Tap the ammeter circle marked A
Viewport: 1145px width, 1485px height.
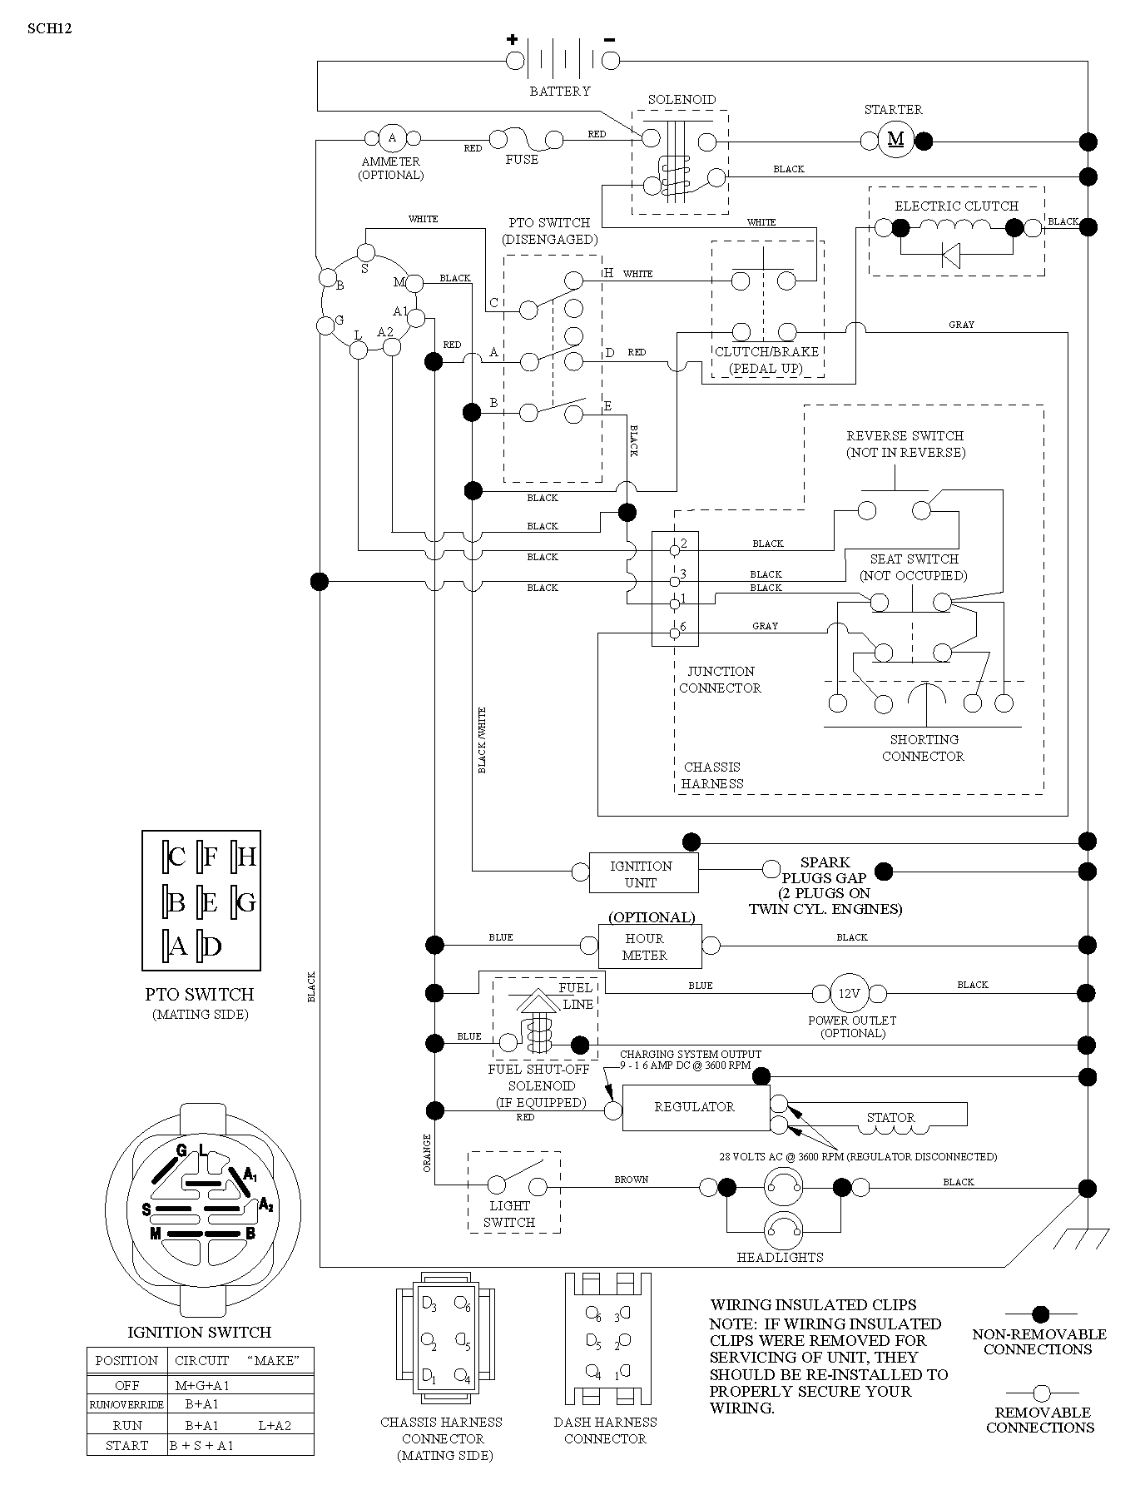click(x=393, y=138)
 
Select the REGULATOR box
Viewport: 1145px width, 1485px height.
click(x=696, y=1107)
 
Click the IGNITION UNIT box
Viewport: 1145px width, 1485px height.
click(x=643, y=873)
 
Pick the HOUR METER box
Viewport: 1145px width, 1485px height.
click(x=650, y=946)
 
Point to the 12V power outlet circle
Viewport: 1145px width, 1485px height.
click(x=848, y=993)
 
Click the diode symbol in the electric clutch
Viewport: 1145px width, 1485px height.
click(x=951, y=255)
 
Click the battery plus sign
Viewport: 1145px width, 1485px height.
click(x=513, y=38)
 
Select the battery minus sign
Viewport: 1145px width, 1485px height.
click(x=610, y=39)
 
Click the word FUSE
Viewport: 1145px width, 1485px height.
click(x=522, y=160)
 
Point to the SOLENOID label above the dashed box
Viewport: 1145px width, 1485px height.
click(x=682, y=100)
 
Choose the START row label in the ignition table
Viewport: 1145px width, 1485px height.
click(x=126, y=1446)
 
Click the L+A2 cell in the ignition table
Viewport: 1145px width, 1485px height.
click(x=275, y=1425)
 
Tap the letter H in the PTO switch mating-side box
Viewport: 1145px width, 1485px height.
click(x=247, y=857)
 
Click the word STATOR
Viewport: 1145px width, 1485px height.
click(x=890, y=1117)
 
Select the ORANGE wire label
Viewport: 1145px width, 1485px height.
click(x=428, y=1154)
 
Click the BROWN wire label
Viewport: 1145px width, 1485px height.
click(x=632, y=1180)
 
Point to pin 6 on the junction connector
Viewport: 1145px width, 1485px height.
click(x=675, y=634)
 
